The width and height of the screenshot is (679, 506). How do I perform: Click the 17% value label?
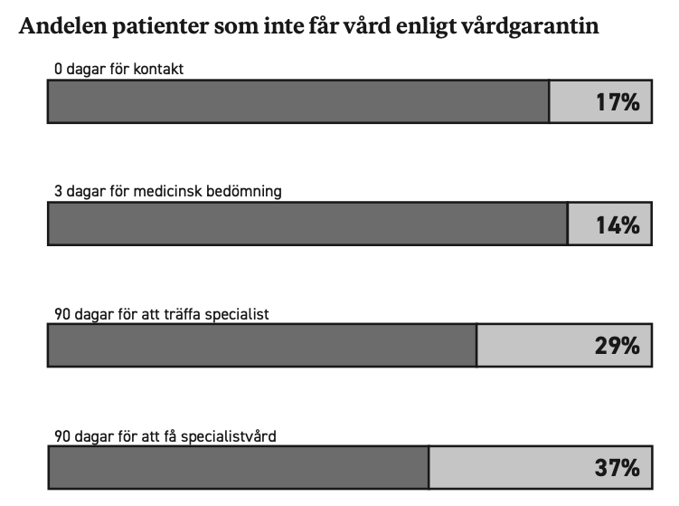point(618,102)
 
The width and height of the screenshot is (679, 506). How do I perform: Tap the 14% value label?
point(618,225)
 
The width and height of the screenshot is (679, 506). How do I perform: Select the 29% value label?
point(618,346)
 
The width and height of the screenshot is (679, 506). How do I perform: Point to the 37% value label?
point(618,467)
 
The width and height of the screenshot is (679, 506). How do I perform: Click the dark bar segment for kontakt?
point(298,101)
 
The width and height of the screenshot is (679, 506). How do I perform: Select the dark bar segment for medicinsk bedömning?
point(307,224)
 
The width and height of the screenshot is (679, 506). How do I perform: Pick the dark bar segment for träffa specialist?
point(262,345)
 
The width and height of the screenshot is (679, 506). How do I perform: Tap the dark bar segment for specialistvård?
point(238,467)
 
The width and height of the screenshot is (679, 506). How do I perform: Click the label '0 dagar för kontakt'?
point(118,69)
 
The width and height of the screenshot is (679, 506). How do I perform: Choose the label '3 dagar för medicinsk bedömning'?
point(168,191)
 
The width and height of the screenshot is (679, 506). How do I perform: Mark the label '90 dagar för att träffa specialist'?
point(162,314)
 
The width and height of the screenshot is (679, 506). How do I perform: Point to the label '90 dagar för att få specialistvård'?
point(165,436)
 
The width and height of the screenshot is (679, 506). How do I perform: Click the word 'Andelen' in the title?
point(62,25)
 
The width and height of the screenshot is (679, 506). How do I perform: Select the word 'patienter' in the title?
point(160,27)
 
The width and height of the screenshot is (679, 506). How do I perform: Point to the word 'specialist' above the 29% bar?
point(237,314)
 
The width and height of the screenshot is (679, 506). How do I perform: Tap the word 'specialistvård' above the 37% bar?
point(228,436)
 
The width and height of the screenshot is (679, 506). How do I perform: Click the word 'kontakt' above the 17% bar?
point(158,69)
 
